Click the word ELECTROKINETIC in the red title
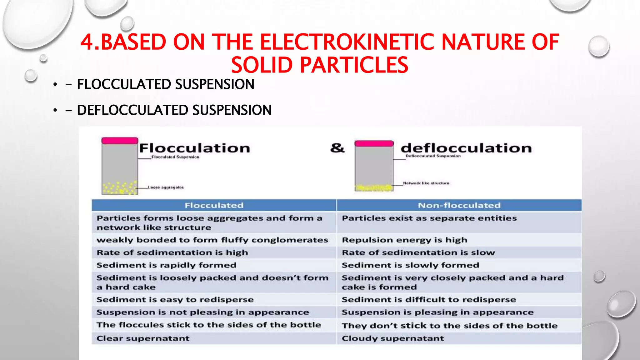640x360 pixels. pyautogui.click(x=347, y=42)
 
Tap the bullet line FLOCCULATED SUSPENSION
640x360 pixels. pyautogui.click(x=165, y=84)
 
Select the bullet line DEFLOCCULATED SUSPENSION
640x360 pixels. pyautogui.click(x=174, y=110)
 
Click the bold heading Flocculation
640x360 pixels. pyautogui.click(x=194, y=148)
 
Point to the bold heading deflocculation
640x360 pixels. pyautogui.click(x=466, y=148)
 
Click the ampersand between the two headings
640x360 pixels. pyautogui.click(x=337, y=148)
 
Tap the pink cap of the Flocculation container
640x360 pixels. pyautogui.click(x=120, y=141)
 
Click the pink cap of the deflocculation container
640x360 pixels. pyautogui.click(x=374, y=143)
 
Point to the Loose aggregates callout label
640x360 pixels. pyautogui.click(x=166, y=187)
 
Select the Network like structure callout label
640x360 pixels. pyautogui.click(x=426, y=183)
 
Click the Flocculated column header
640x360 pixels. pyautogui.click(x=214, y=205)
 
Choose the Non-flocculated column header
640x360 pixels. pyautogui.click(x=459, y=205)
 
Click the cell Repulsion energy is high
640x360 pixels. pyautogui.click(x=404, y=240)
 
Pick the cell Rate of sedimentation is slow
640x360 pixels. pyautogui.click(x=418, y=252)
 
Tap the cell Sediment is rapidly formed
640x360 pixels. pyautogui.click(x=166, y=265)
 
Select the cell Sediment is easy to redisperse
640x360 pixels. pyautogui.click(x=175, y=300)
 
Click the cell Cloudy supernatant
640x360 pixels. pyautogui.click(x=392, y=338)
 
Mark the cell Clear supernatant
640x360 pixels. pyautogui.click(x=143, y=338)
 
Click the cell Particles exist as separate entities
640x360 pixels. pyautogui.click(x=429, y=218)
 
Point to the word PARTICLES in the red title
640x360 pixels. pyautogui.click(x=354, y=65)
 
